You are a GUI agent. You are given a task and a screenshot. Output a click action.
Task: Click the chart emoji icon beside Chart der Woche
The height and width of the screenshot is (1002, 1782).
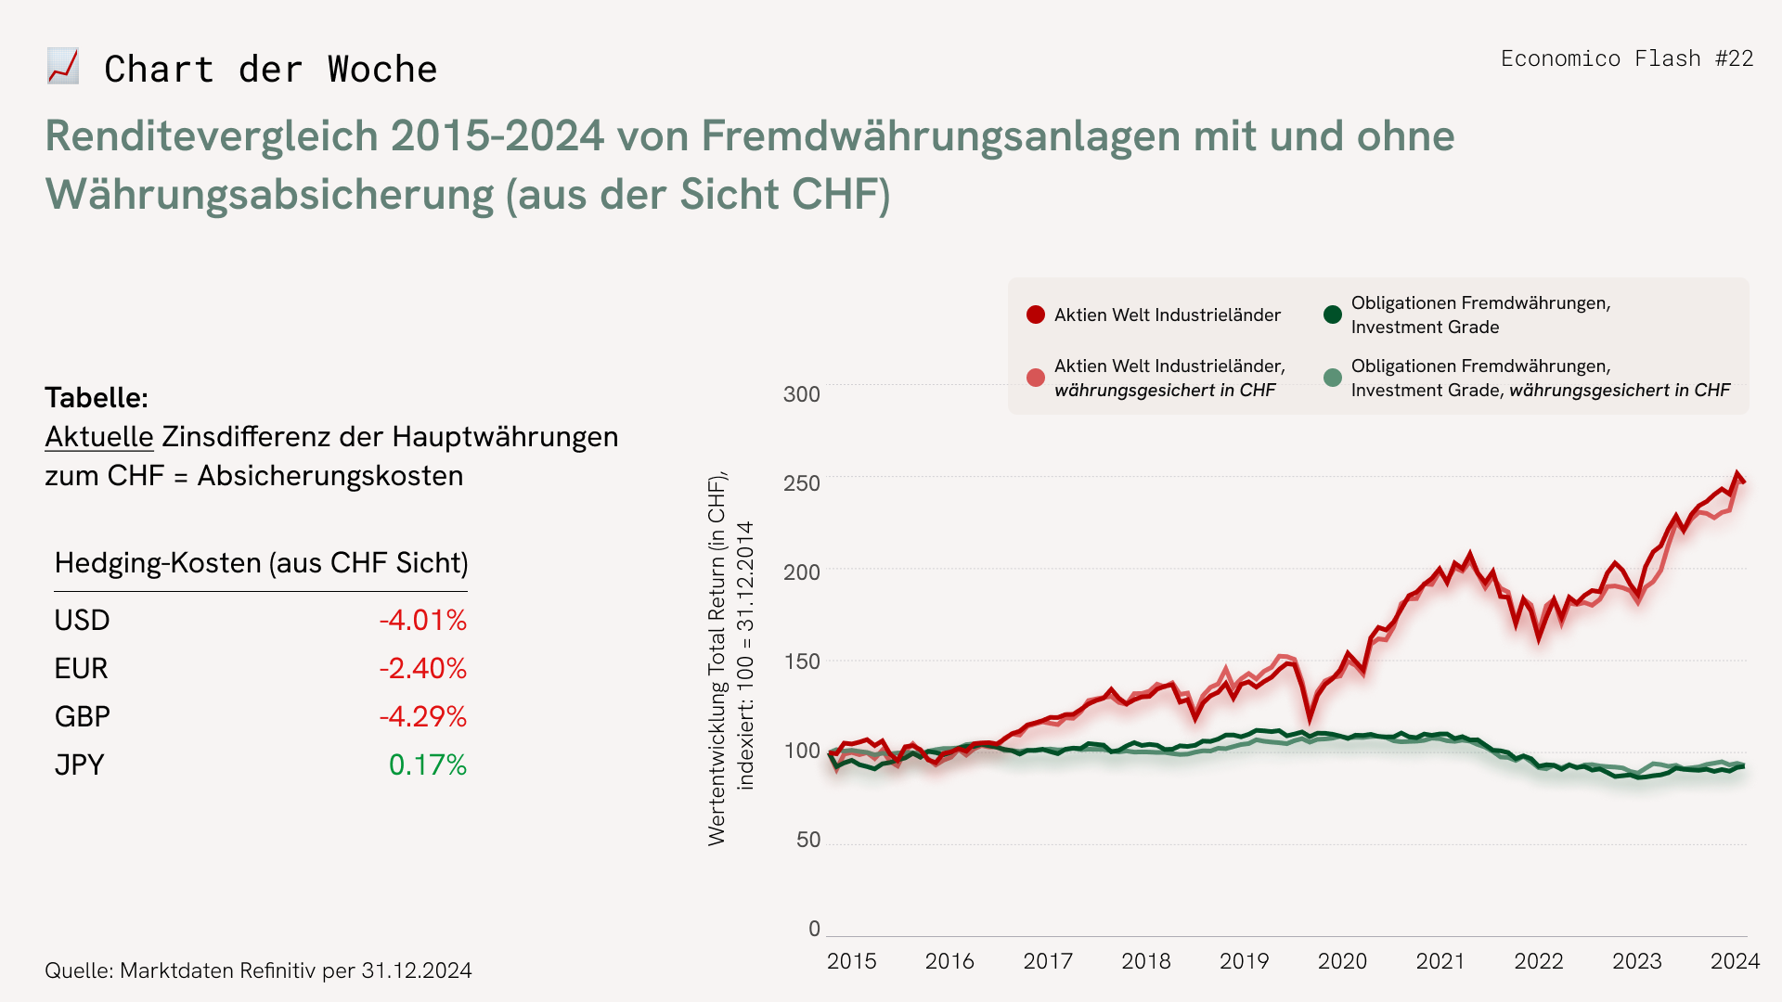click(x=63, y=67)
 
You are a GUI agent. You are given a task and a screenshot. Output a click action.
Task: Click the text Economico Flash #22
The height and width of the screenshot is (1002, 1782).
click(x=1626, y=58)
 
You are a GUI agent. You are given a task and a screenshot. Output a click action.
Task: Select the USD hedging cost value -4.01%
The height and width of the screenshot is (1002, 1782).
click(x=422, y=620)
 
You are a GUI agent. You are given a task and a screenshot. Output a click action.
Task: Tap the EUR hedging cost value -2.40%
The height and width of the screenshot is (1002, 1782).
click(x=422, y=668)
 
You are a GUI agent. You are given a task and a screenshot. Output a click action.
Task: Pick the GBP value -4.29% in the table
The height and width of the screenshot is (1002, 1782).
click(x=422, y=716)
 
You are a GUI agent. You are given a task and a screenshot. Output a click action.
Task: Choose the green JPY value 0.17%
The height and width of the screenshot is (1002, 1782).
click(x=427, y=764)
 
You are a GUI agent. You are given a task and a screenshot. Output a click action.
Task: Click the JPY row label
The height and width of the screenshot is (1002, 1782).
click(x=80, y=764)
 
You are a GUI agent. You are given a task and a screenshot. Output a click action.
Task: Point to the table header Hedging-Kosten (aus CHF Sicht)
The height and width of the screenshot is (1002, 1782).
click(x=261, y=563)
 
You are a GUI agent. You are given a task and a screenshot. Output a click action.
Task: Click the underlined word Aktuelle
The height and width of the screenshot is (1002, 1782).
click(x=99, y=436)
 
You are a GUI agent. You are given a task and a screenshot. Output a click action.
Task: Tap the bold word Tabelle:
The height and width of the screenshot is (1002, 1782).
click(x=97, y=397)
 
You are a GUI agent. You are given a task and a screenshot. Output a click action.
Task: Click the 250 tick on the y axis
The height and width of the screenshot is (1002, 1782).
click(x=802, y=483)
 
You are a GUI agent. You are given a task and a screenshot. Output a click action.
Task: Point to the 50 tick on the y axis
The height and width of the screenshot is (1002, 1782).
click(x=808, y=840)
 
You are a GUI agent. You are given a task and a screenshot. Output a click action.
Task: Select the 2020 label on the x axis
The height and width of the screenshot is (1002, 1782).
click(x=1342, y=961)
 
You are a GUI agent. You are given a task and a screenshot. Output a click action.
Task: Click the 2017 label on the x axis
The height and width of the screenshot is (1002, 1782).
click(x=1048, y=961)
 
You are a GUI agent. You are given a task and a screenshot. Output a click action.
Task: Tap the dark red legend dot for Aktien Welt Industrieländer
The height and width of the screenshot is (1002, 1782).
click(x=1036, y=315)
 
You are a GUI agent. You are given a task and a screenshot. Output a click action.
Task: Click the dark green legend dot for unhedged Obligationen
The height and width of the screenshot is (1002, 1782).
click(x=1333, y=315)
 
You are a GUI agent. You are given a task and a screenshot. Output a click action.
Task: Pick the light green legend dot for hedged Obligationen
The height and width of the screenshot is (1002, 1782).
click(x=1333, y=378)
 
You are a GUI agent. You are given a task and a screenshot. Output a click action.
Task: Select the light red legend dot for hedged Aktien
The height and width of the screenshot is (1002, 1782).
click(x=1036, y=378)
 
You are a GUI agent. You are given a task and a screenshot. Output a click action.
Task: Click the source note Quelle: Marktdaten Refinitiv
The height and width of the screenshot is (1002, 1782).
click(x=258, y=970)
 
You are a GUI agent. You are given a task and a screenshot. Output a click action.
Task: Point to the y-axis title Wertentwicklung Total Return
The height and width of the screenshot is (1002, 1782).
click(x=717, y=659)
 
